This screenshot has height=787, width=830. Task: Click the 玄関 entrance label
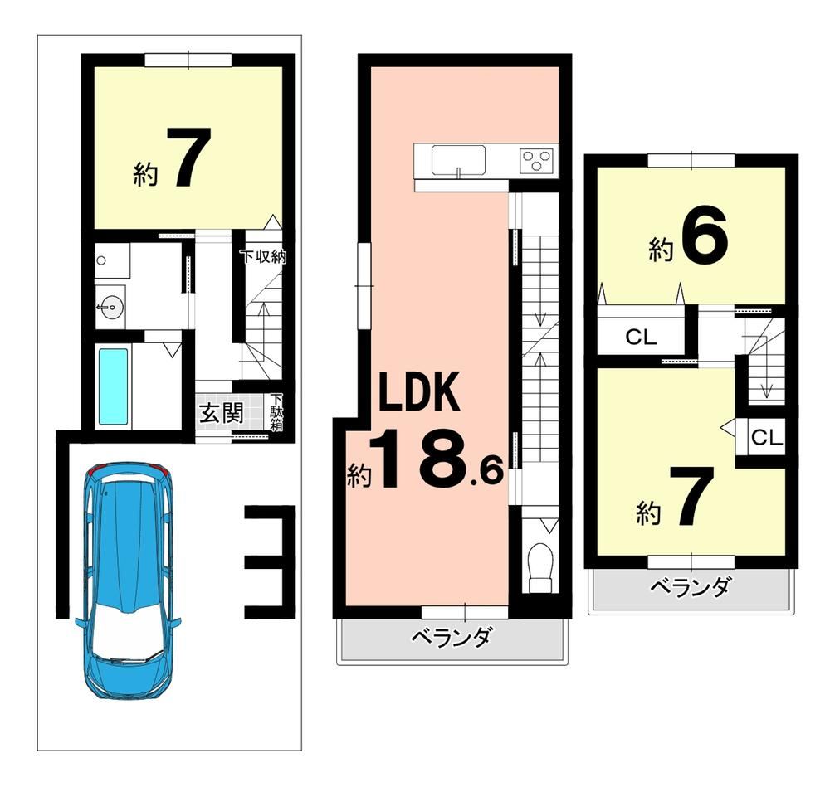tap(222, 413)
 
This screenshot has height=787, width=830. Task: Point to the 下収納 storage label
tap(263, 256)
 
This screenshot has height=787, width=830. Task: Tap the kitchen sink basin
tap(458, 160)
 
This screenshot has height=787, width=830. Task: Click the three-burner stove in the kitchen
tap(537, 160)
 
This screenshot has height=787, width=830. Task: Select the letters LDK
tap(417, 392)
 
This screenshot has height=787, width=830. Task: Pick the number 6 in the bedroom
tap(705, 240)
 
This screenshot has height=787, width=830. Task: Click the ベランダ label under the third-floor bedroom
tap(691, 586)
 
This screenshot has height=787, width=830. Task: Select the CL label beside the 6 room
tap(641, 337)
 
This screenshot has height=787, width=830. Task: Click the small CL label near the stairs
tap(767, 437)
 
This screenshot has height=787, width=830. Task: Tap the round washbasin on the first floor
tap(110, 308)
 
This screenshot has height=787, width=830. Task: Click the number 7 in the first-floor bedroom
tap(189, 157)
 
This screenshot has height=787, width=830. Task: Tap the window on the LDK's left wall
tap(364, 285)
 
